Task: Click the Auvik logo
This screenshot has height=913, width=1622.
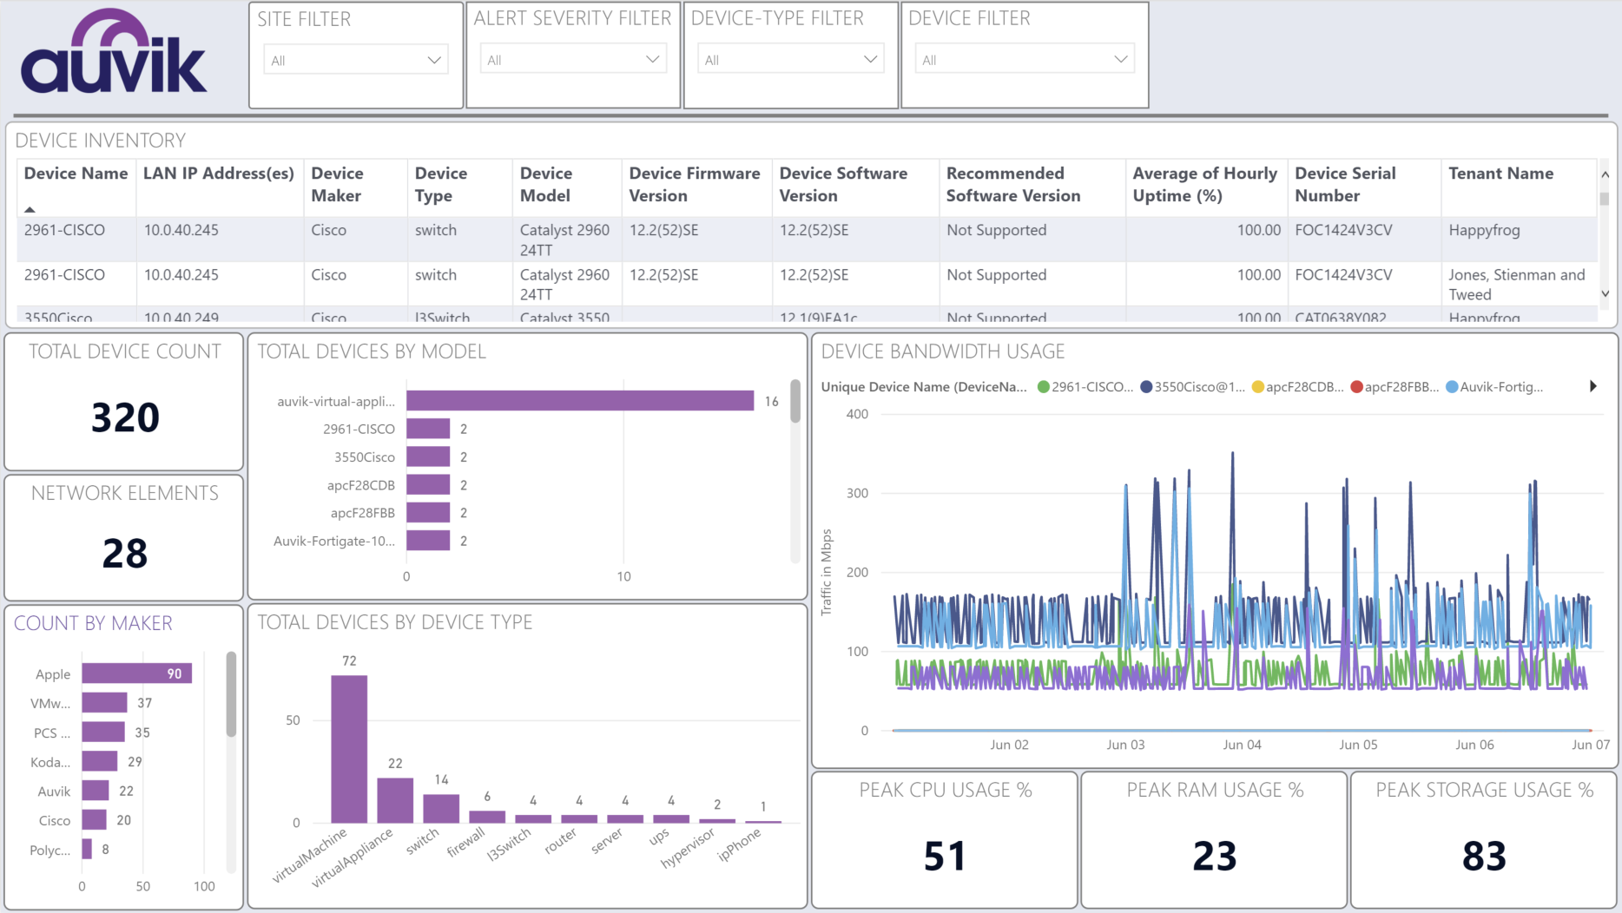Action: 114,54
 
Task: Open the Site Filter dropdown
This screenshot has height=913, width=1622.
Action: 355,60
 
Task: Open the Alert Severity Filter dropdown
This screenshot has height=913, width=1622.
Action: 573,60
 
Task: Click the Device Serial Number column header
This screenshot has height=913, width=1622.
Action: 1345,184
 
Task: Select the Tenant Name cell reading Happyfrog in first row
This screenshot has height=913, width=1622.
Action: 1484,230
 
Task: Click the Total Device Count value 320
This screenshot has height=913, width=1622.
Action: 125,417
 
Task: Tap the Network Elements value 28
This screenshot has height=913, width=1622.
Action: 125,553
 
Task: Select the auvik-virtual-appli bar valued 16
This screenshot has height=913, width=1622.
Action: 579,401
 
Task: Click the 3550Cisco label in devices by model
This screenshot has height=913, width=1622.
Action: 364,457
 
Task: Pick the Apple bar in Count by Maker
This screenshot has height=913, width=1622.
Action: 136,674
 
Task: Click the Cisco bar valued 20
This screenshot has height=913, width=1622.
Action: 94,820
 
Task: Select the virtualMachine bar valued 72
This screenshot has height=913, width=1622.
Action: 349,748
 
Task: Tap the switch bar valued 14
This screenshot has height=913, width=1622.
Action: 441,808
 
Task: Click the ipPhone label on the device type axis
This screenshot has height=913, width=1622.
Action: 739,844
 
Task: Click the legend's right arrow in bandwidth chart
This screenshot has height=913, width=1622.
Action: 1592,386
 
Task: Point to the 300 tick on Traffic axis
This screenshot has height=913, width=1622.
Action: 857,493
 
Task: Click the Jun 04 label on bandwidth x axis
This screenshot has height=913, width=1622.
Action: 1242,745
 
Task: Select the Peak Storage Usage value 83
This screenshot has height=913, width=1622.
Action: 1483,856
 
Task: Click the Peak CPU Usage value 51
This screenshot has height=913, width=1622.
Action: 944,856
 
